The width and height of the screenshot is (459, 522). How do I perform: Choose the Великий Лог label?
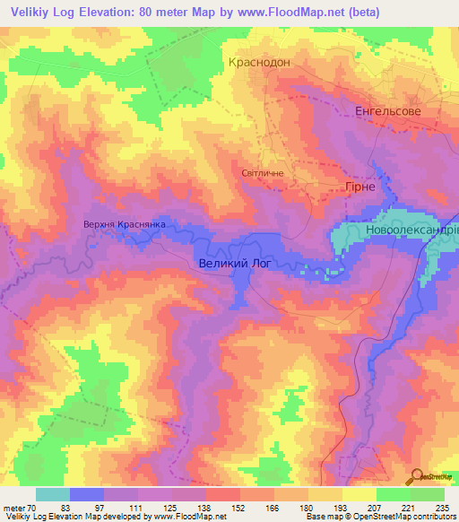pos(232,264)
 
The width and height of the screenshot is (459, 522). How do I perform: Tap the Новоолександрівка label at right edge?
pos(411,231)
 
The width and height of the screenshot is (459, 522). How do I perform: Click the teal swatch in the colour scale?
pos(53,494)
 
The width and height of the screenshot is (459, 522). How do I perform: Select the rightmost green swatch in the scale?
pos(428,494)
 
